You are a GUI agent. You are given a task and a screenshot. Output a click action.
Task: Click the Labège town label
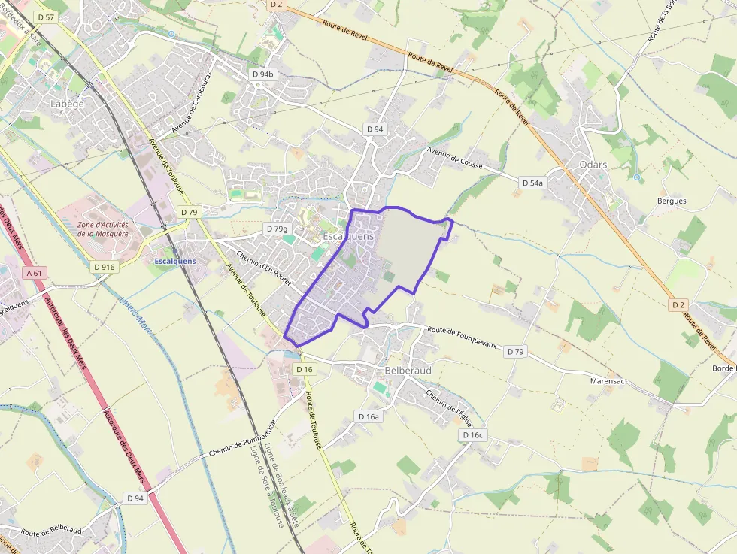click(67, 104)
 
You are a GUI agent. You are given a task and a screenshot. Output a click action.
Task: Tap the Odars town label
click(593, 165)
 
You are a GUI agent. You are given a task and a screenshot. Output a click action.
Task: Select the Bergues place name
click(672, 201)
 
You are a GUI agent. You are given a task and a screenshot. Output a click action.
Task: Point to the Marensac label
click(608, 381)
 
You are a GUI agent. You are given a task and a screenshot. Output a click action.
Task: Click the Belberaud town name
click(408, 371)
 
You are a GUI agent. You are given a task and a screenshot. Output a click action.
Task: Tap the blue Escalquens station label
click(174, 261)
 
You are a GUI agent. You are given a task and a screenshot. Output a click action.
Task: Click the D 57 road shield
click(46, 17)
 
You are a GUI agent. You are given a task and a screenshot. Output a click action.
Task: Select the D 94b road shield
click(263, 74)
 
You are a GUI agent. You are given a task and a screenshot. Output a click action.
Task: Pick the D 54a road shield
click(532, 183)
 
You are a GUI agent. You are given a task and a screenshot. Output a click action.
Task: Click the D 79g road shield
click(277, 229)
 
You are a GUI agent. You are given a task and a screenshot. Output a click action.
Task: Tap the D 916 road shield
click(105, 267)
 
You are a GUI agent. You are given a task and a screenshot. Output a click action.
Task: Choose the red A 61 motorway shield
click(35, 273)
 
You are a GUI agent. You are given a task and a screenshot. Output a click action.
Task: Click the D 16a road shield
click(369, 416)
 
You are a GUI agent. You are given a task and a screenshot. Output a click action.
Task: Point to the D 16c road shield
click(473, 435)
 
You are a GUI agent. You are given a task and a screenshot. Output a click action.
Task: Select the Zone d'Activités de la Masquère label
click(104, 229)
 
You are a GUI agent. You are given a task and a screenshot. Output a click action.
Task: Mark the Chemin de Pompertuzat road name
click(234, 448)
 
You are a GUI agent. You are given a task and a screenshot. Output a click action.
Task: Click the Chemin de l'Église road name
click(452, 403)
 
